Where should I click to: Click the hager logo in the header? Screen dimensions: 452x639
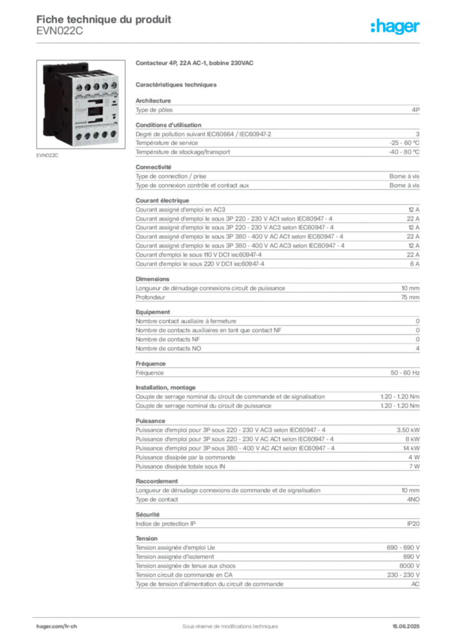point(395,27)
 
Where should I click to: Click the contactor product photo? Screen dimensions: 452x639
point(81,104)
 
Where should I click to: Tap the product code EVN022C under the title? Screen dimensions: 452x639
point(59,31)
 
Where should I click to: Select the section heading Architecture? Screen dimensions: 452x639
point(153,100)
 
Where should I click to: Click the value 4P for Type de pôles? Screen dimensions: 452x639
point(415,110)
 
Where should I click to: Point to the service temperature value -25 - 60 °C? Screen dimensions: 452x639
point(404,143)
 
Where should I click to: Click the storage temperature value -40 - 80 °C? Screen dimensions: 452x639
point(404,152)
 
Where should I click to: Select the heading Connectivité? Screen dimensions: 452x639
point(153,167)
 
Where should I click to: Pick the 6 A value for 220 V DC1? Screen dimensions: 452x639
point(415,264)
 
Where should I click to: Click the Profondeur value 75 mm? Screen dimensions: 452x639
point(410,298)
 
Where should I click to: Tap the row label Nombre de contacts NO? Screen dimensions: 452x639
point(169,348)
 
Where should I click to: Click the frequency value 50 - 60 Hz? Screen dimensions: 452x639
point(405,373)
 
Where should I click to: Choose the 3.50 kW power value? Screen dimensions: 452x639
point(408,430)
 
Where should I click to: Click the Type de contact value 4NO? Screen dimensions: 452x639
point(413,500)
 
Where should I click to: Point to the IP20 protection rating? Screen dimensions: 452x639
point(413,524)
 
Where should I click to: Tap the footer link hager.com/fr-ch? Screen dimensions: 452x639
point(56,627)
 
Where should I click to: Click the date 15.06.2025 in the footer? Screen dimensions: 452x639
point(406,627)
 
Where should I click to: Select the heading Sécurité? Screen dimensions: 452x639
point(147,515)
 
